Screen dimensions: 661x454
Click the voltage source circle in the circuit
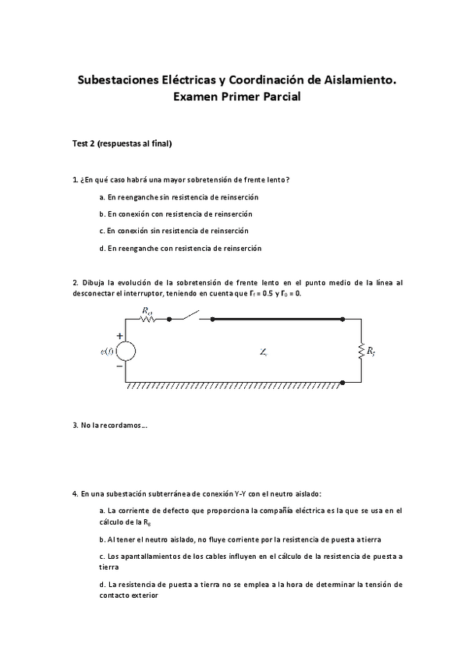(x=126, y=351)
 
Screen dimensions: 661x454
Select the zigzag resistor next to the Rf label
(x=360, y=351)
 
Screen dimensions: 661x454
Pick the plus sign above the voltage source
(x=119, y=336)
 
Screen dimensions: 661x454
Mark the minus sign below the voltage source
(x=119, y=365)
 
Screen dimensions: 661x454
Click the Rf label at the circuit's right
(x=371, y=352)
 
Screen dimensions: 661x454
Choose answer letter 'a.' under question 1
(x=102, y=197)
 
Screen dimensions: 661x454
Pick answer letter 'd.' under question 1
(x=102, y=248)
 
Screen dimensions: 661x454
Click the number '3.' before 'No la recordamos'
(x=74, y=426)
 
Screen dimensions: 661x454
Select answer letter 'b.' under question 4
(x=102, y=539)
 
